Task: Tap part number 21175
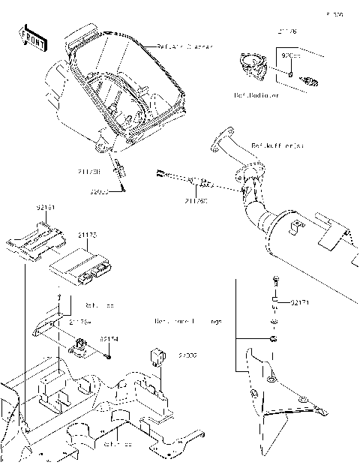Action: click(x=87, y=235)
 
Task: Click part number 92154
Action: click(x=109, y=339)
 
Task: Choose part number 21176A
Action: click(x=80, y=322)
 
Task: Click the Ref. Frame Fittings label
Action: click(x=187, y=322)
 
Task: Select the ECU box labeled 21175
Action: click(x=78, y=263)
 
